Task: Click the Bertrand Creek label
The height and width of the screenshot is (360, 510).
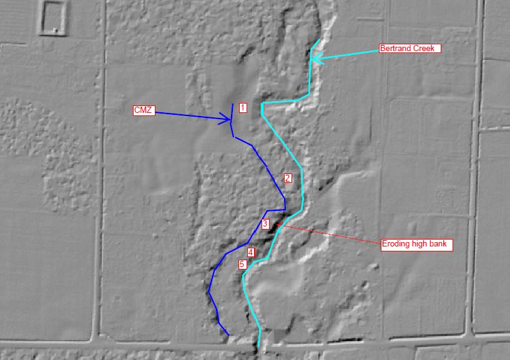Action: point(410,48)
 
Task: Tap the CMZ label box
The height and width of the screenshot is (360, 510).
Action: point(143,110)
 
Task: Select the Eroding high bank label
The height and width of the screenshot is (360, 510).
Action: point(416,244)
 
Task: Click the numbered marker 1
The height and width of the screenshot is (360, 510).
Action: point(243,108)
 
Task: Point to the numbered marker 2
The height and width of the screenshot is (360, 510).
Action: point(287,178)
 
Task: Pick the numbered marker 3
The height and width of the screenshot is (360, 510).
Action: point(265,224)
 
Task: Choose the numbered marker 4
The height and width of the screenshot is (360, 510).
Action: point(250,252)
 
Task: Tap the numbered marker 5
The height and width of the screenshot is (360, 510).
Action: point(243,264)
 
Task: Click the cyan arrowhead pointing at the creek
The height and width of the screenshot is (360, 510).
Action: point(315,59)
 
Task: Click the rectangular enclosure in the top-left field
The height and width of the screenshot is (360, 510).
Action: point(54,17)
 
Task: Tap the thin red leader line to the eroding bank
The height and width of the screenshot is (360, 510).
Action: point(331,235)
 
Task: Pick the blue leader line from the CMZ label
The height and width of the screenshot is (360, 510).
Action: point(187,115)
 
